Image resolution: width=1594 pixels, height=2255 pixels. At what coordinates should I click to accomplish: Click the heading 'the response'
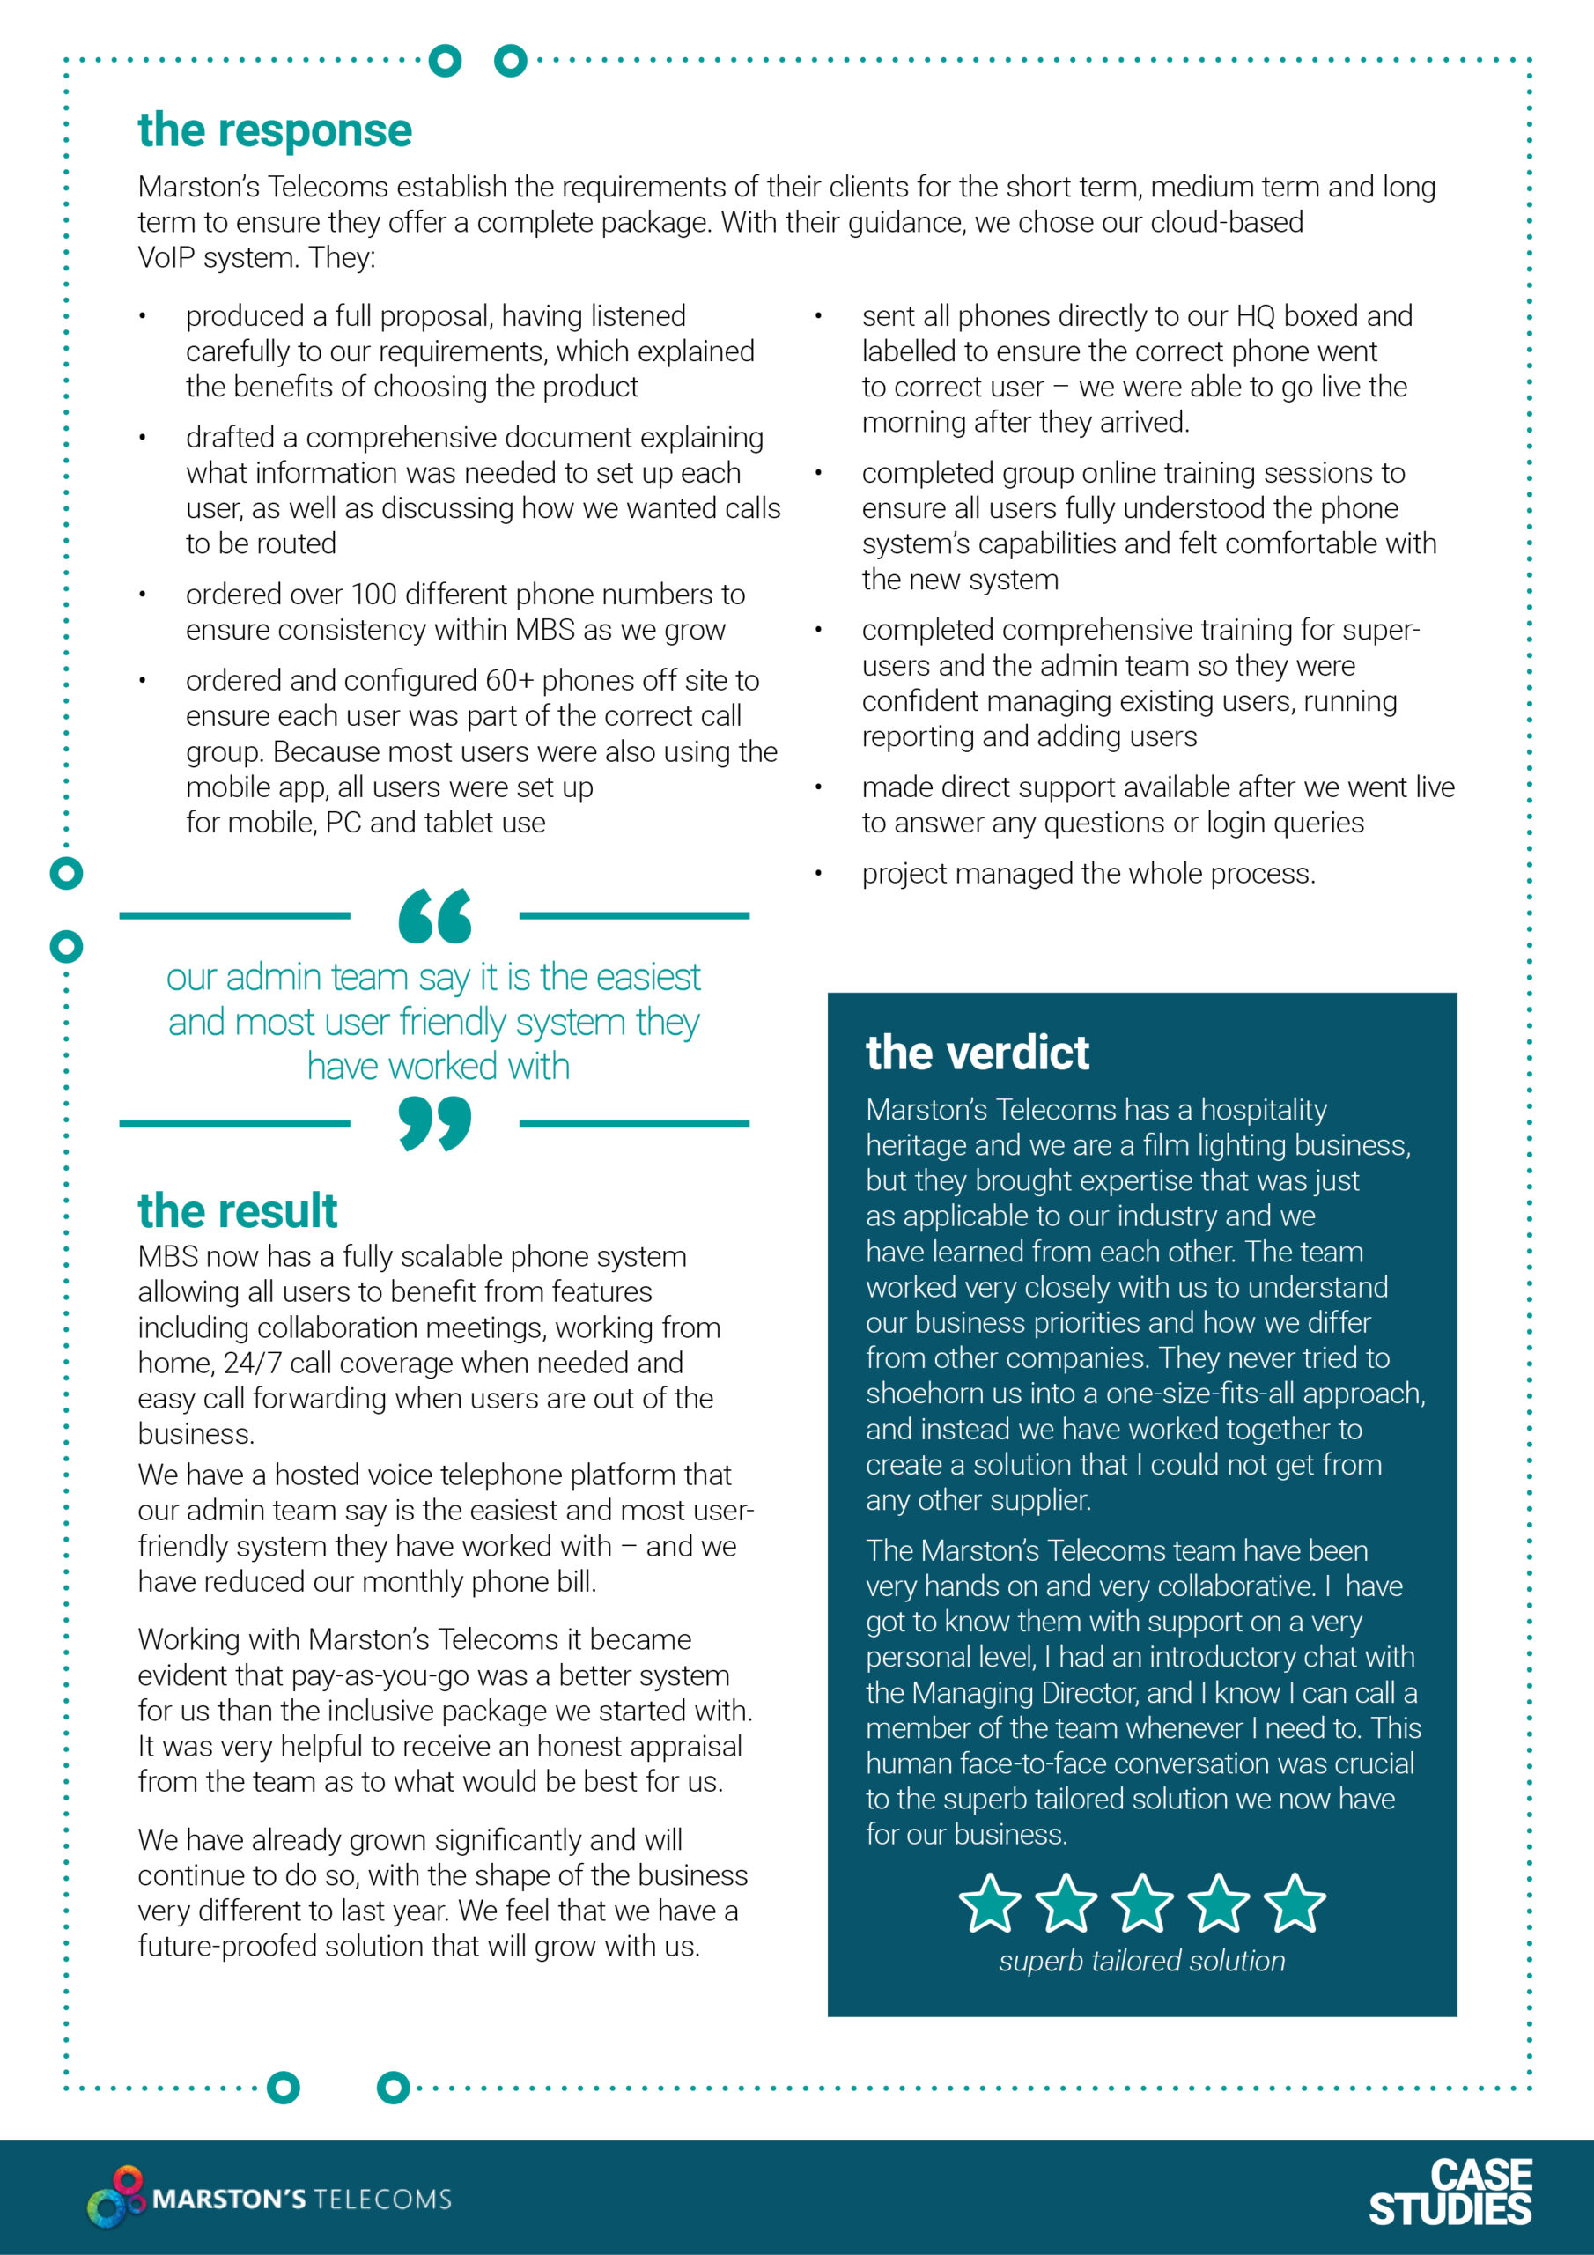tap(274, 130)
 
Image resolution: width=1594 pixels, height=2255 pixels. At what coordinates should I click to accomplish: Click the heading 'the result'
tap(237, 1211)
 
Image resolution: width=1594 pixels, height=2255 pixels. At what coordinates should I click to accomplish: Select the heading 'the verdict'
tap(977, 1053)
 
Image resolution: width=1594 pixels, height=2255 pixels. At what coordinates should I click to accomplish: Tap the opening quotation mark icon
tap(434, 915)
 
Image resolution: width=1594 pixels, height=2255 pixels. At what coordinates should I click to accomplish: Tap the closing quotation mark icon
tap(434, 1124)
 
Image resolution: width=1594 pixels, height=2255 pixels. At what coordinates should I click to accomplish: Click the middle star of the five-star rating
tap(1142, 1903)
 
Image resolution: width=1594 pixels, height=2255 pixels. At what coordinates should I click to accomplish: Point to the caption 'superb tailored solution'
tap(1141, 1962)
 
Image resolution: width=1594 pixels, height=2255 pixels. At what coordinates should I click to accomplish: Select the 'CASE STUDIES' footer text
tap(1450, 2192)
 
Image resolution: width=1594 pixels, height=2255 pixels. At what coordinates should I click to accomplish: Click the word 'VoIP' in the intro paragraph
tap(170, 258)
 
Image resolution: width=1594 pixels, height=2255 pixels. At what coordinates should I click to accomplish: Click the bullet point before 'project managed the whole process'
tap(817, 874)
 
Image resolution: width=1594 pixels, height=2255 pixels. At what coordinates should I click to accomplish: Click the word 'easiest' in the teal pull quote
tap(647, 977)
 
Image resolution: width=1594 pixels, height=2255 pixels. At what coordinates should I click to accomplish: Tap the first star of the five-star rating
tap(989, 1903)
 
